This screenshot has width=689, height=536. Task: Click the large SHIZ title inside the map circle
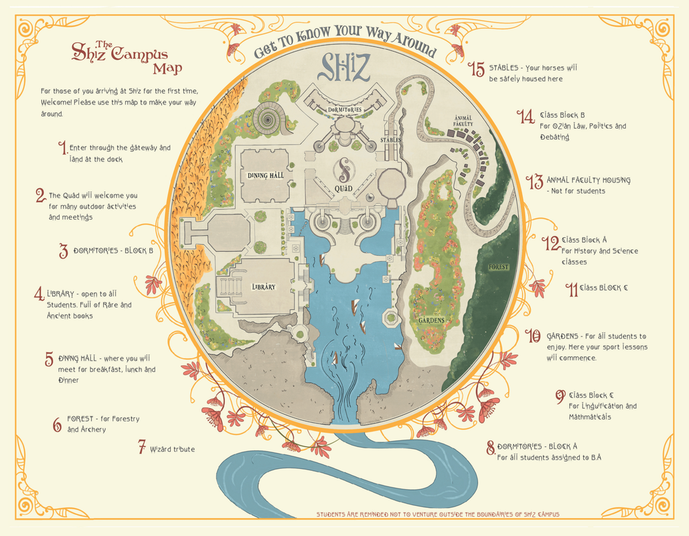[344, 66]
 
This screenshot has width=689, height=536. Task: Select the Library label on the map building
[263, 287]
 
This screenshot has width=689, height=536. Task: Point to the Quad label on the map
[343, 189]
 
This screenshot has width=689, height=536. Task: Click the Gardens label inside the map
[433, 320]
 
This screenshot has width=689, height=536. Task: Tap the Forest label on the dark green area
[498, 267]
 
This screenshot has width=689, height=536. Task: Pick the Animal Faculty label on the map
[463, 120]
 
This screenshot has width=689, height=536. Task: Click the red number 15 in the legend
[476, 68]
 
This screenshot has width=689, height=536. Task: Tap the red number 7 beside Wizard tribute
[142, 447]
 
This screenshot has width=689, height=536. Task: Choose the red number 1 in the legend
[63, 147]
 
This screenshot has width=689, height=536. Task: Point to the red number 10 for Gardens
[532, 336]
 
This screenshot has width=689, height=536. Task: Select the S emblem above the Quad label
[343, 169]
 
